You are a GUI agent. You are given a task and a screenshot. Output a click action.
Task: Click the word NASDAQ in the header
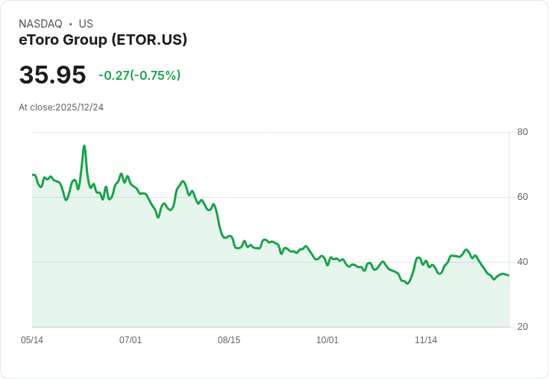[x=40, y=24]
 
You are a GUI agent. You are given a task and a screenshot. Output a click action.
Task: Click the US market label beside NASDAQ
[x=86, y=24]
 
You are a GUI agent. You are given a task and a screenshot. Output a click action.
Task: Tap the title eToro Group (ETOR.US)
[x=103, y=40]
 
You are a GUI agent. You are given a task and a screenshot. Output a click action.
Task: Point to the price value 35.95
[x=52, y=75]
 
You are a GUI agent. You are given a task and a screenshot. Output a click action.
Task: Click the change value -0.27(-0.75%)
[x=139, y=75]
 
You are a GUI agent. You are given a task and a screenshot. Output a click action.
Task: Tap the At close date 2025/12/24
[x=79, y=107]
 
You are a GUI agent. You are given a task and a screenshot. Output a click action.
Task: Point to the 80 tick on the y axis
[x=522, y=133]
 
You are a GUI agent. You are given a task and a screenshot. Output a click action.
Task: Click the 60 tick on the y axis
[x=522, y=198]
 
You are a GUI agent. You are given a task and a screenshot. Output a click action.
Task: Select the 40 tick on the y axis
[x=522, y=262]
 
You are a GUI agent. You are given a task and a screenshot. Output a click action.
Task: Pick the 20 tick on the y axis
[x=522, y=327]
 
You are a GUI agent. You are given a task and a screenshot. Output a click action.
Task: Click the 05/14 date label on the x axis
[x=32, y=340]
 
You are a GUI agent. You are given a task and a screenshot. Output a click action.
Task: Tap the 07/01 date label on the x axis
[x=131, y=340]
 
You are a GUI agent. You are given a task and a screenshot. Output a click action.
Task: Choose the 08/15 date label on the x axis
[x=229, y=340]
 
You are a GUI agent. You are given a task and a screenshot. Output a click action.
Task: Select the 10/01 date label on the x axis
[x=327, y=340]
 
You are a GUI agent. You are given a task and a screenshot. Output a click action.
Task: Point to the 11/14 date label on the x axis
[x=426, y=340]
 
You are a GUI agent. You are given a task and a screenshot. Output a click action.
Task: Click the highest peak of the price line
[x=84, y=145]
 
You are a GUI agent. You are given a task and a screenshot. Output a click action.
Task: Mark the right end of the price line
[x=509, y=275]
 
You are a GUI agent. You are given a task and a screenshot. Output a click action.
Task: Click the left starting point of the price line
[x=33, y=175]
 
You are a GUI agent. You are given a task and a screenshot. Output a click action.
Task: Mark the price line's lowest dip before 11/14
[x=407, y=284]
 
